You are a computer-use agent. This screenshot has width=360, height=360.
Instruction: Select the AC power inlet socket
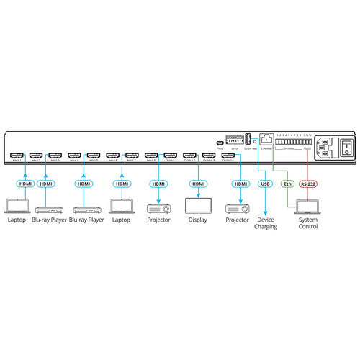324,147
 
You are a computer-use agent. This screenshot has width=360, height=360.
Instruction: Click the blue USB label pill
264,184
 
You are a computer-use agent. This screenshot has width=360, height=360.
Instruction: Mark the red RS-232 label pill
309,184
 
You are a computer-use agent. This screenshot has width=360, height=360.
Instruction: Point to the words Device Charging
264,222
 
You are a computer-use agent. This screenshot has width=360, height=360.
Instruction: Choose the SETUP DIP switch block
235,138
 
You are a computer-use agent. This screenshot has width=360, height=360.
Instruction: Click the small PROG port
220,142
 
